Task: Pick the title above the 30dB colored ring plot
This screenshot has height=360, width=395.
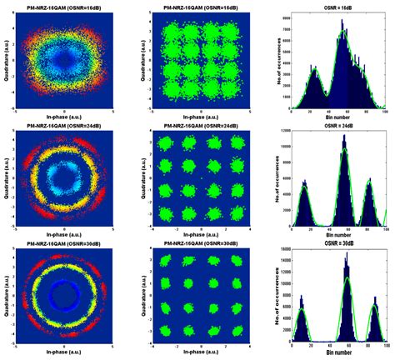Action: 65,243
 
